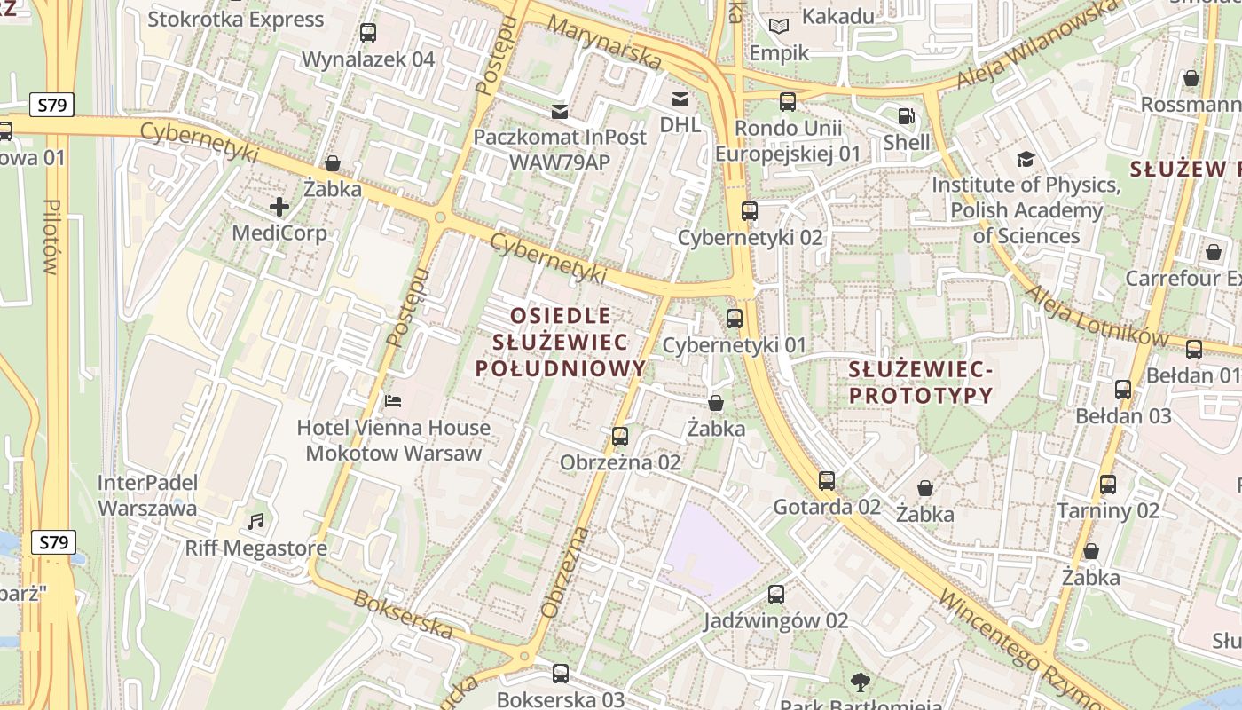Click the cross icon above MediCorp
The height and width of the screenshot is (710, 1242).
tap(279, 208)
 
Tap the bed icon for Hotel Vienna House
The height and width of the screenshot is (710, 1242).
tap(393, 401)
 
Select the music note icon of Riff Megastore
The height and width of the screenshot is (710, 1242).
tap(256, 521)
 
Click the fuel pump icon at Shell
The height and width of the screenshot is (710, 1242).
tap(906, 116)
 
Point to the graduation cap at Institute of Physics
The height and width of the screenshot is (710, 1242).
tap(1026, 160)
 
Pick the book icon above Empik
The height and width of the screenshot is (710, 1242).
tap(779, 27)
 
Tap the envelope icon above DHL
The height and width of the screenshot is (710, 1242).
tap(680, 99)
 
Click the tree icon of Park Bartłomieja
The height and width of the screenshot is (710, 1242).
tap(860, 682)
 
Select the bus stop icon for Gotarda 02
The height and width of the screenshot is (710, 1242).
tap(827, 481)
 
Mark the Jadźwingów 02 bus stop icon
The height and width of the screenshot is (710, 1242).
tap(776, 595)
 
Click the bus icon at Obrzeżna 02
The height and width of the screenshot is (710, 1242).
tap(620, 437)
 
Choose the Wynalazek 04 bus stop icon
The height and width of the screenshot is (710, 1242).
tap(368, 33)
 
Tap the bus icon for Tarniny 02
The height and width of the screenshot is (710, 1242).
tap(1108, 485)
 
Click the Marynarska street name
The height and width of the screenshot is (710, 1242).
tap(604, 43)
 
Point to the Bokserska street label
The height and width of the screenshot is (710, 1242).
tap(404, 613)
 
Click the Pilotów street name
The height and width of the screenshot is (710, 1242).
tap(51, 236)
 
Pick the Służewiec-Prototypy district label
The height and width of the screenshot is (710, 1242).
tap(920, 382)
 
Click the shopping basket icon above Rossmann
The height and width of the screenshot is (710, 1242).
tap(1191, 78)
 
